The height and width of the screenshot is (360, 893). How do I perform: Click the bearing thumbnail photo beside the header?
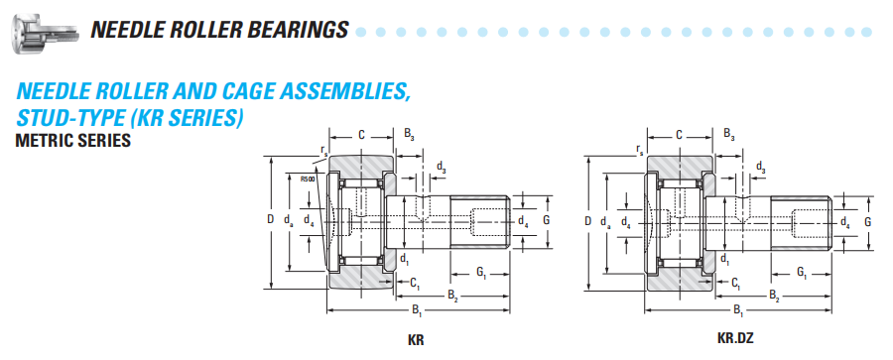coord(45,32)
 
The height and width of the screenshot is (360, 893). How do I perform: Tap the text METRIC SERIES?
coord(72,140)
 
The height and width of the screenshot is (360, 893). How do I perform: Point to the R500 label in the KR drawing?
coord(307,179)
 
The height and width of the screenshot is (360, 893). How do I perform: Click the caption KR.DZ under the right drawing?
coord(735,338)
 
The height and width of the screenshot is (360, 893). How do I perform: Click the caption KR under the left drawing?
coord(416,340)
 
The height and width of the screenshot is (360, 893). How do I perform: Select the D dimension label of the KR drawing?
coord(271,219)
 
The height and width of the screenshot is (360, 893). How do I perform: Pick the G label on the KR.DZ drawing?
coord(867,222)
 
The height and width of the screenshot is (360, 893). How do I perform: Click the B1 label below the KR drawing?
coord(417,311)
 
